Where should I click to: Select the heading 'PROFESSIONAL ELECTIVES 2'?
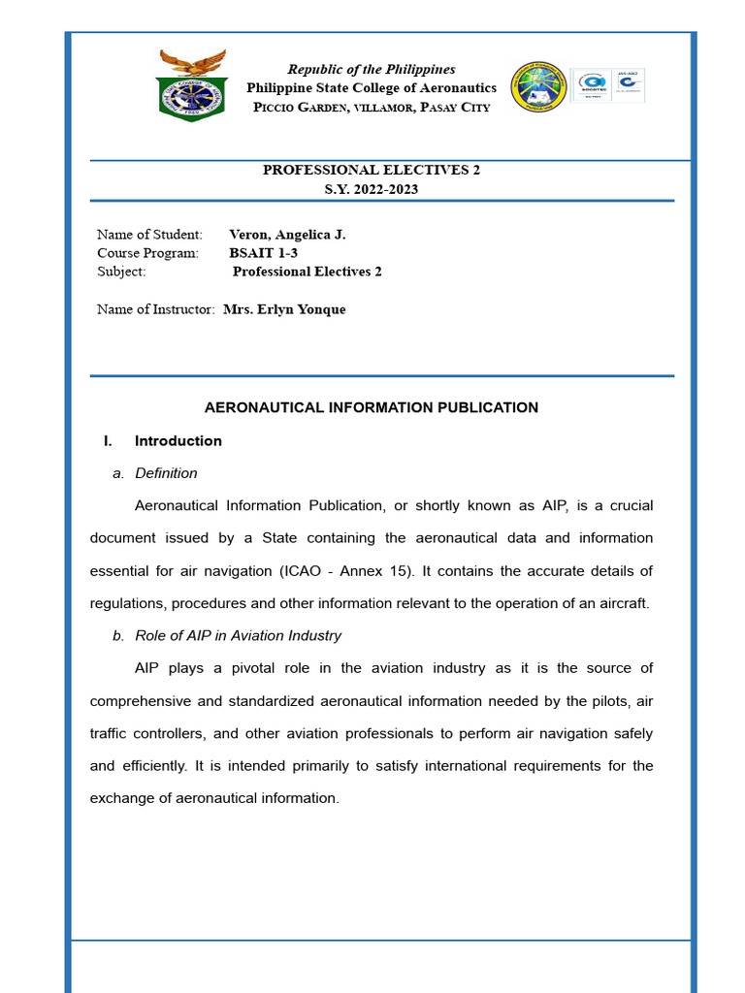click(372, 170)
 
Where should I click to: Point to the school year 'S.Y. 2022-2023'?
click(372, 189)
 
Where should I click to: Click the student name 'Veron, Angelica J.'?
click(287, 235)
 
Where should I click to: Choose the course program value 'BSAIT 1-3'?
click(263, 253)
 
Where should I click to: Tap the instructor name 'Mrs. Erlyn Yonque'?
click(284, 309)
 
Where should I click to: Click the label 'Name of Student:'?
click(149, 235)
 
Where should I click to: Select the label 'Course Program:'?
click(147, 253)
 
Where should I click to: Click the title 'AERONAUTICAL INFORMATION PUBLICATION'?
click(372, 407)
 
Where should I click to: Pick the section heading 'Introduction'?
click(178, 441)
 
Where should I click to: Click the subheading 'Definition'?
click(166, 473)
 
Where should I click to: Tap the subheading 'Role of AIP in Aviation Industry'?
click(238, 636)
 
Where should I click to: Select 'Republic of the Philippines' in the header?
click(372, 70)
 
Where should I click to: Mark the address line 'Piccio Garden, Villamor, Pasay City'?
click(372, 107)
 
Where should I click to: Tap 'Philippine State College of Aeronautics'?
click(372, 88)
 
